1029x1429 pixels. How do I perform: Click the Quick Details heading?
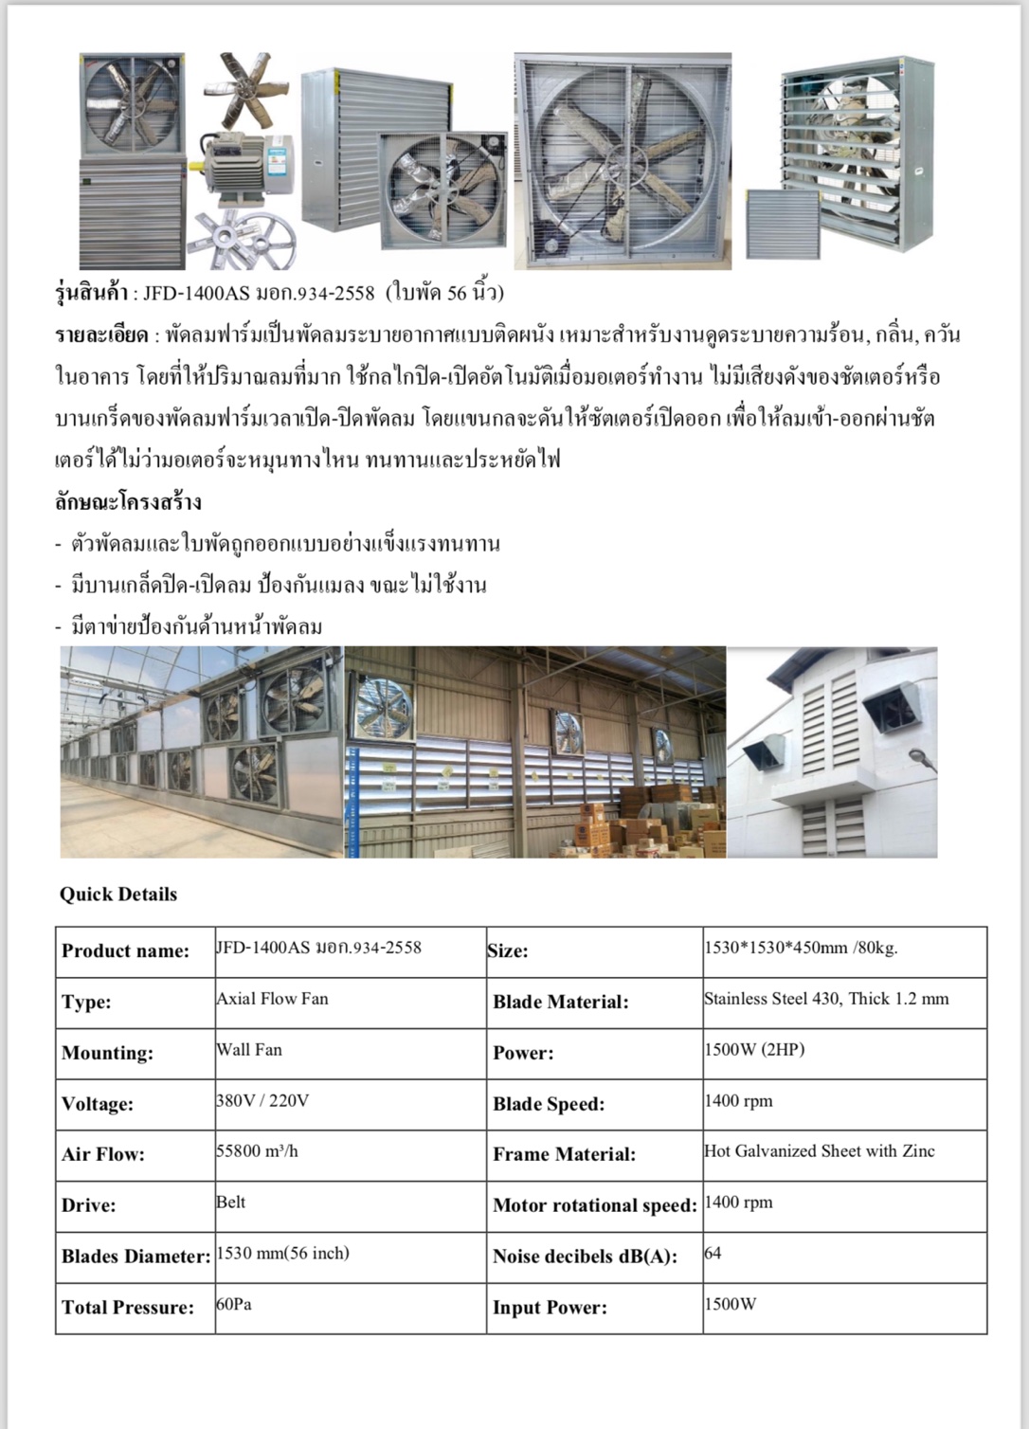click(118, 894)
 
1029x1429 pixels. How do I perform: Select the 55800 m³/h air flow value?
click(257, 1151)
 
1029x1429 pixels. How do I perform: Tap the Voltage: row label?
click(98, 1104)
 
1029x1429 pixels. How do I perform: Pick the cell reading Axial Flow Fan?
click(273, 999)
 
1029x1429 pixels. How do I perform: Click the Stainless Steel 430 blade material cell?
click(825, 999)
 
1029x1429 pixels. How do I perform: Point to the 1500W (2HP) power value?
click(754, 1050)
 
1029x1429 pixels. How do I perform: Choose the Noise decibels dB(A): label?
click(585, 1257)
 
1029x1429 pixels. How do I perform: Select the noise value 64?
click(713, 1254)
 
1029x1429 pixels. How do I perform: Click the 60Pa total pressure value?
click(234, 1305)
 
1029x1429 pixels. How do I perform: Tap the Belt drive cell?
click(231, 1203)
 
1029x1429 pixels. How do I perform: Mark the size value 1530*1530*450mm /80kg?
click(801, 948)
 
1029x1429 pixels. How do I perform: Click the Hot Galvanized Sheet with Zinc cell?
click(819, 1151)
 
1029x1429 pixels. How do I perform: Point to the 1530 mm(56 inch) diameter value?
click(283, 1254)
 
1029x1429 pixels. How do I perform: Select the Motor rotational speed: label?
click(594, 1205)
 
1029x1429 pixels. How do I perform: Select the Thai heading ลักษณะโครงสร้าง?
click(128, 502)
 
